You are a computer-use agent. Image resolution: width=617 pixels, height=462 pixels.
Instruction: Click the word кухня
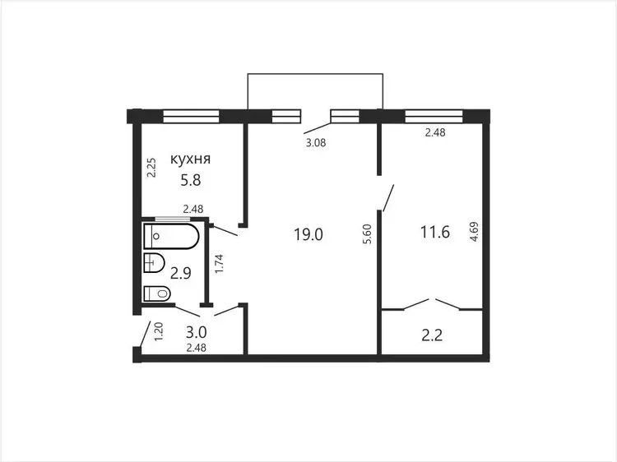coord(191,159)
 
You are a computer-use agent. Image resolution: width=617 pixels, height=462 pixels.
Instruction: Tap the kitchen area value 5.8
coord(191,180)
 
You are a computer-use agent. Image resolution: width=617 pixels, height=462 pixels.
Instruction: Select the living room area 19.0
coord(308,234)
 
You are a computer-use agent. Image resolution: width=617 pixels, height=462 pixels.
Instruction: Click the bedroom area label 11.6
coord(435,232)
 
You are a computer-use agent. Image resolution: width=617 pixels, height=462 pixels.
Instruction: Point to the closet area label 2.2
coord(432,335)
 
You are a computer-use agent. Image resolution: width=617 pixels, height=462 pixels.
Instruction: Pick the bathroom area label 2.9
coord(181,272)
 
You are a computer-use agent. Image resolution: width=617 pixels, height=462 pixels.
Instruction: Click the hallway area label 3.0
coord(196,332)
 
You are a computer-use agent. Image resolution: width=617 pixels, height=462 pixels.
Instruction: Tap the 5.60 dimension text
coord(367,234)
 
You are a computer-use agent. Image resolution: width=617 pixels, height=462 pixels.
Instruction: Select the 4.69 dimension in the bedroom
coord(474,232)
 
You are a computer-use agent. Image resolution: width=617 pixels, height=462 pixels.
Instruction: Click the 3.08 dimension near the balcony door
coord(316,143)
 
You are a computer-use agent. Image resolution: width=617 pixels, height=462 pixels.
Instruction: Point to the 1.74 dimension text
coord(219,264)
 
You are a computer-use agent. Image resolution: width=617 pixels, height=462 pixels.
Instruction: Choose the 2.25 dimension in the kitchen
coord(151,168)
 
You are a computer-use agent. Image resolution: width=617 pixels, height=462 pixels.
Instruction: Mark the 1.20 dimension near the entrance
coord(159,331)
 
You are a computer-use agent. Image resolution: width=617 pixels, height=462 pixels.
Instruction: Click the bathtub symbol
coord(172,236)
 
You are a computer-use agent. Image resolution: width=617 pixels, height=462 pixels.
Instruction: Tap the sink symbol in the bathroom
coord(154,263)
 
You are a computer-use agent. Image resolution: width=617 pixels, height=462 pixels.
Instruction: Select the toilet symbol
coord(157,293)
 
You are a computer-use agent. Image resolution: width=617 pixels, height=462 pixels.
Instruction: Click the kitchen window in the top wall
coord(191,117)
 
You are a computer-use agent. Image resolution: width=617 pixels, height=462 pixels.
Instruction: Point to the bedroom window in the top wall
coord(434,117)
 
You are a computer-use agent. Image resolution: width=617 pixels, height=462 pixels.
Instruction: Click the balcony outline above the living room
coord(315,74)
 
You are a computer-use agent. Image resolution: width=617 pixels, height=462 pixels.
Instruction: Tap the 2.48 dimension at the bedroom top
coord(435,132)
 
